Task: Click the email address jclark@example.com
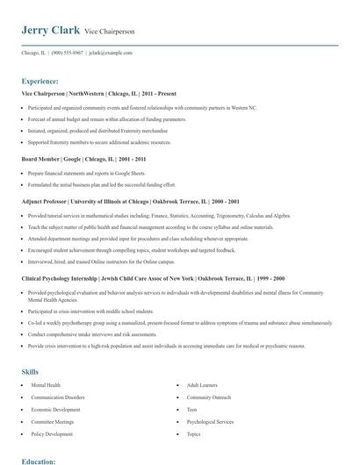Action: (111, 53)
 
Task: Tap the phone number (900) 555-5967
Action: (67, 53)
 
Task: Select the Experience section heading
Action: (40, 80)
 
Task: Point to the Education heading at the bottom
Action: (40, 460)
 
